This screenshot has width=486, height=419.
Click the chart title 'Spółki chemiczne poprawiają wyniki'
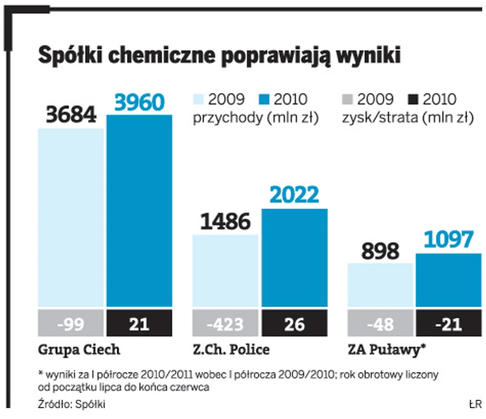(x=220, y=56)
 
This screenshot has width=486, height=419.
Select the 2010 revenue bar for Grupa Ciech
(x=139, y=211)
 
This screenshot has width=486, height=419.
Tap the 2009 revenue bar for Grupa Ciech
(x=71, y=217)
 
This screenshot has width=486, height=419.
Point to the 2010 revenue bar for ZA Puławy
(x=449, y=280)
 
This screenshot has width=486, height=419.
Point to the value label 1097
(x=449, y=240)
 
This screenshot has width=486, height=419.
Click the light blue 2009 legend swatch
(x=200, y=100)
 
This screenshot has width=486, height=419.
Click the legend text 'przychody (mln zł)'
(x=255, y=118)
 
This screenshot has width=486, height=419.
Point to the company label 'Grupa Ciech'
(x=71, y=350)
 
